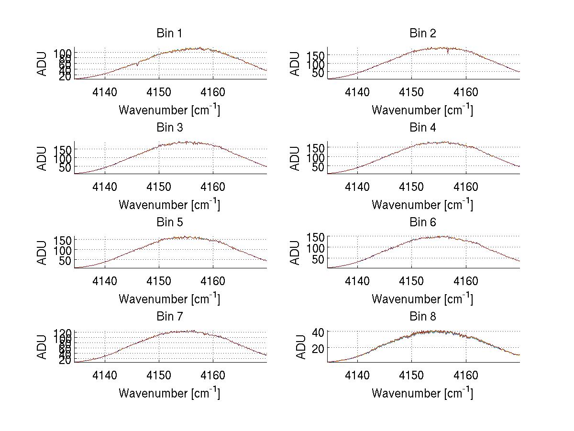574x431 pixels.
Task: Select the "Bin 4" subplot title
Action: (422, 128)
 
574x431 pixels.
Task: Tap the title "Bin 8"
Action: (422, 317)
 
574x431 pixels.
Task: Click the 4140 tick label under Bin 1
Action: (105, 92)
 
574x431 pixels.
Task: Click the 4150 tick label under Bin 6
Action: (411, 281)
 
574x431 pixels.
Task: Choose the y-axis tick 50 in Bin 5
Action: (66, 261)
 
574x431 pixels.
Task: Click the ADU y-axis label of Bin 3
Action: (43, 158)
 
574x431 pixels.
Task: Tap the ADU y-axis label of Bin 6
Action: (295, 253)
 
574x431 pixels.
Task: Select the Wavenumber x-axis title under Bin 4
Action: (422, 204)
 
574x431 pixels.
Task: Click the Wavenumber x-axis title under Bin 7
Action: (169, 393)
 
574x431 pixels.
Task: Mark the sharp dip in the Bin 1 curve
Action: (138, 65)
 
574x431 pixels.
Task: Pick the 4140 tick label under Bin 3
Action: (105, 187)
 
